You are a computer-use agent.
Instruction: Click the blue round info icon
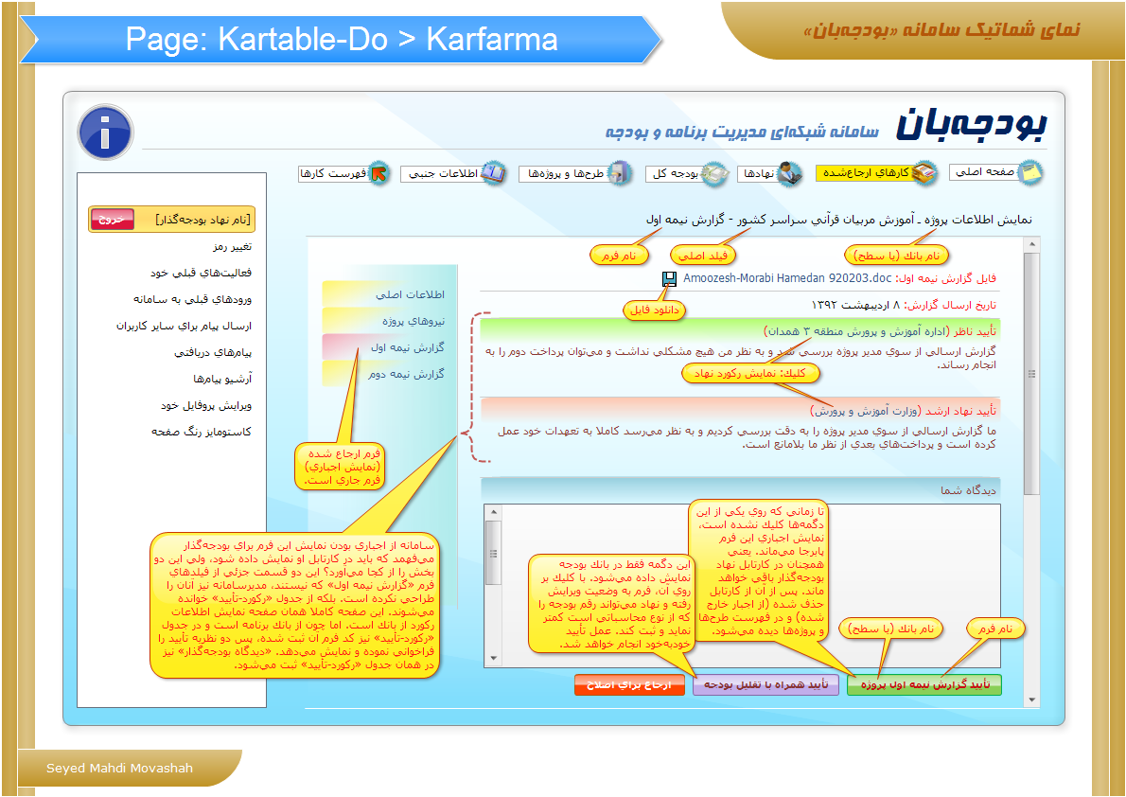point(106,133)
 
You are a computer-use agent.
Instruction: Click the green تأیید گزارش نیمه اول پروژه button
point(924,685)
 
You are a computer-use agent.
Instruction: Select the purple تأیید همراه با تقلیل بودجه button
point(765,685)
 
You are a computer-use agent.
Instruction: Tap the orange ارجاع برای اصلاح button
point(629,685)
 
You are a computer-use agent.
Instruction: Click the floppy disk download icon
point(670,279)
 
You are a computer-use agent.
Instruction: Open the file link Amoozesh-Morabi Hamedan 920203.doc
point(787,278)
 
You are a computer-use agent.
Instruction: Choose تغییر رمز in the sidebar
point(232,246)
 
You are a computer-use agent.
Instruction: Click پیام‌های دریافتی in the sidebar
point(213,352)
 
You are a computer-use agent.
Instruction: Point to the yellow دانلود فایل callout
point(654,310)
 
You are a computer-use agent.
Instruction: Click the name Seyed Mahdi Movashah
point(119,769)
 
